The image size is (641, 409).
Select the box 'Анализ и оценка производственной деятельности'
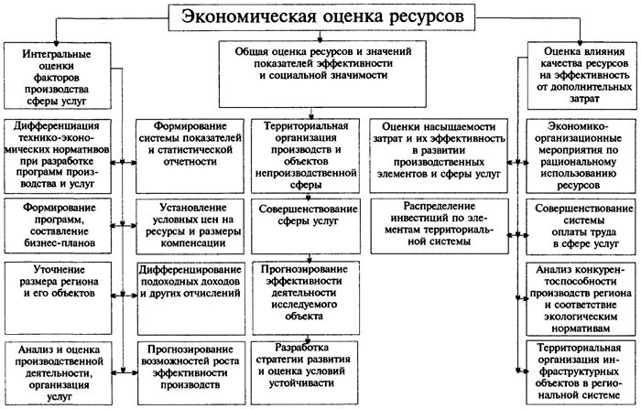[x=58, y=366]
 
